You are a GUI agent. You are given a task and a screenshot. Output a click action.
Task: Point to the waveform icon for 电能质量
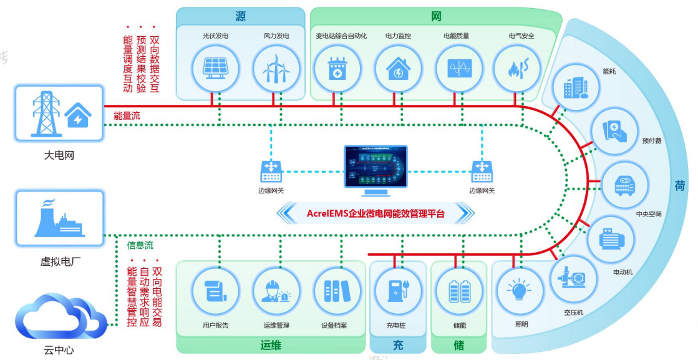click(458, 69)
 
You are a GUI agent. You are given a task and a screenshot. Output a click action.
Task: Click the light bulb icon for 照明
click(519, 290)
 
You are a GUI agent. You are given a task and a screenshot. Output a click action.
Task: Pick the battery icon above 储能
click(460, 290)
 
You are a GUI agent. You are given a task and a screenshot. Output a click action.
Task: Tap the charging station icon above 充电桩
click(397, 290)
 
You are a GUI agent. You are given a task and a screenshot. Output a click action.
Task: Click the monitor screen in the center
click(375, 166)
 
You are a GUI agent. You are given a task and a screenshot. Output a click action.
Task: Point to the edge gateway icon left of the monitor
click(271, 170)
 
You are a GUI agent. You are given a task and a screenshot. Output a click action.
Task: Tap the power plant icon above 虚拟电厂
click(59, 218)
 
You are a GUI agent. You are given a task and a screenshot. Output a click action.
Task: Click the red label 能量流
click(128, 116)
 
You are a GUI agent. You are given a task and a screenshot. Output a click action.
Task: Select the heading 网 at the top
click(436, 16)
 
